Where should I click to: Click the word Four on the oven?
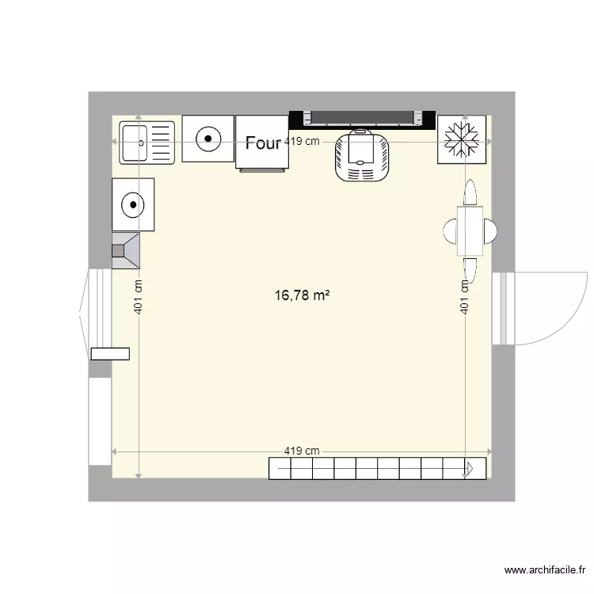(263, 143)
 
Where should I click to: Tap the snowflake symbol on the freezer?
(460, 140)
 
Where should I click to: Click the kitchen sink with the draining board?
(147, 143)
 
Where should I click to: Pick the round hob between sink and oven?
(208, 139)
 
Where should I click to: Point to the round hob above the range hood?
(133, 205)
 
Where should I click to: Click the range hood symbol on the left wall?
(126, 251)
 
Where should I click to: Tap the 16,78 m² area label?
(302, 295)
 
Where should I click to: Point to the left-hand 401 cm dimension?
(139, 299)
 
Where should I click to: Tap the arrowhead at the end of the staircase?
(478, 469)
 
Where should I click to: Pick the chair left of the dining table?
(449, 231)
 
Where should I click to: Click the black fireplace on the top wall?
(363, 119)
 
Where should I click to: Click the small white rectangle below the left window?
(109, 353)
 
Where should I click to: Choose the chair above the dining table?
(470, 193)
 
